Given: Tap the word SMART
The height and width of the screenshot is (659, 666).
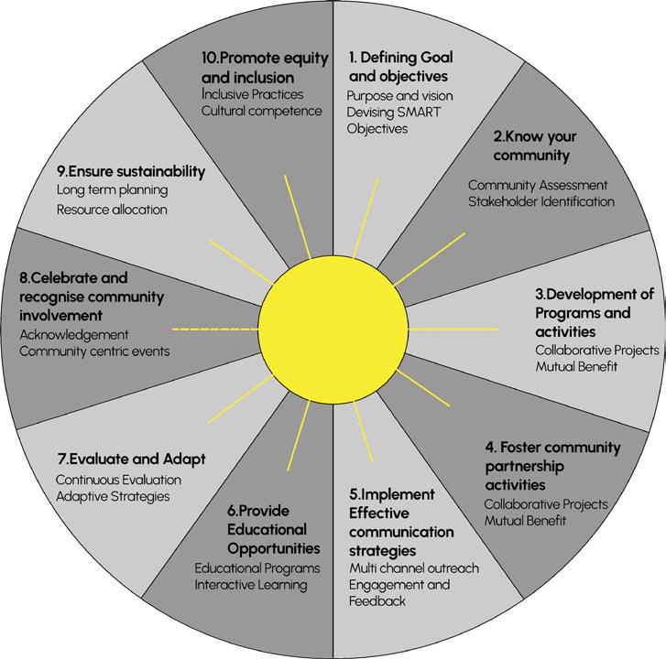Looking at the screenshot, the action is [x=414, y=112].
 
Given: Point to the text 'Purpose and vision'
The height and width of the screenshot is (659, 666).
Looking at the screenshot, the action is [x=399, y=95].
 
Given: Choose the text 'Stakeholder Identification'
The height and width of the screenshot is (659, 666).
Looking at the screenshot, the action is [x=541, y=201].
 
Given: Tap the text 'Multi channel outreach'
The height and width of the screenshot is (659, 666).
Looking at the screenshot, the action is [x=414, y=568].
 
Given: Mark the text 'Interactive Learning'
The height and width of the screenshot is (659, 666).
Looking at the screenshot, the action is [x=251, y=585].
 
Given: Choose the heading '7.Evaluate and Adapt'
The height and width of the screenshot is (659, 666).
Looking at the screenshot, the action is [x=130, y=459].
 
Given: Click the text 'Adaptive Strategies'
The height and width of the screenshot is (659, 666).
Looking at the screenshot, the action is [x=112, y=496].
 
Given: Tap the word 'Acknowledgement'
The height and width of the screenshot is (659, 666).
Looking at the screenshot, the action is [x=74, y=334].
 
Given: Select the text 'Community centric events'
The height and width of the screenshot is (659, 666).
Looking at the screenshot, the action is [x=93, y=351].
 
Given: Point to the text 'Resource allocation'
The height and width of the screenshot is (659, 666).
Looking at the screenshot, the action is [x=112, y=210].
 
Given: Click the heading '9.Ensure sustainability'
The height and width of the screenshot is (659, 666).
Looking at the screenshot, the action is [x=130, y=171].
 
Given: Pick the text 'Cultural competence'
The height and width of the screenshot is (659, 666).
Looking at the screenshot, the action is [x=261, y=112].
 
